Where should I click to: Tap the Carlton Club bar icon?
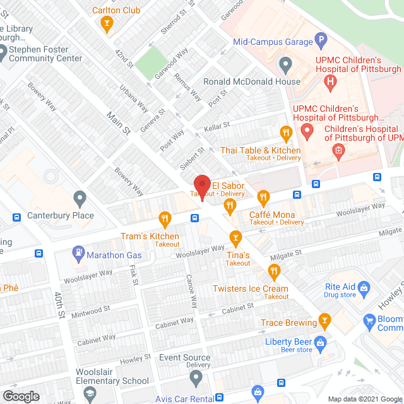pyautogui.click(x=107, y=24)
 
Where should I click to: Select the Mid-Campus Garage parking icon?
pyautogui.click(x=322, y=42)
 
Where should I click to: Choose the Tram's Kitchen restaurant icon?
pyautogui.click(x=165, y=219)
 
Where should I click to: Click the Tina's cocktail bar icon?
pyautogui.click(x=235, y=237)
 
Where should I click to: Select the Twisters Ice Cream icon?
pyautogui.click(x=273, y=272)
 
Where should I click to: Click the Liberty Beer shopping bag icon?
pyautogui.click(x=321, y=342)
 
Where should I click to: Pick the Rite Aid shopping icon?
pyautogui.click(x=364, y=289)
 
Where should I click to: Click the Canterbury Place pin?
pyautogui.click(x=79, y=199)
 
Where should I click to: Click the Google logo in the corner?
pyautogui.click(x=21, y=396)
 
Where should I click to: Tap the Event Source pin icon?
pyautogui.click(x=196, y=378)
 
